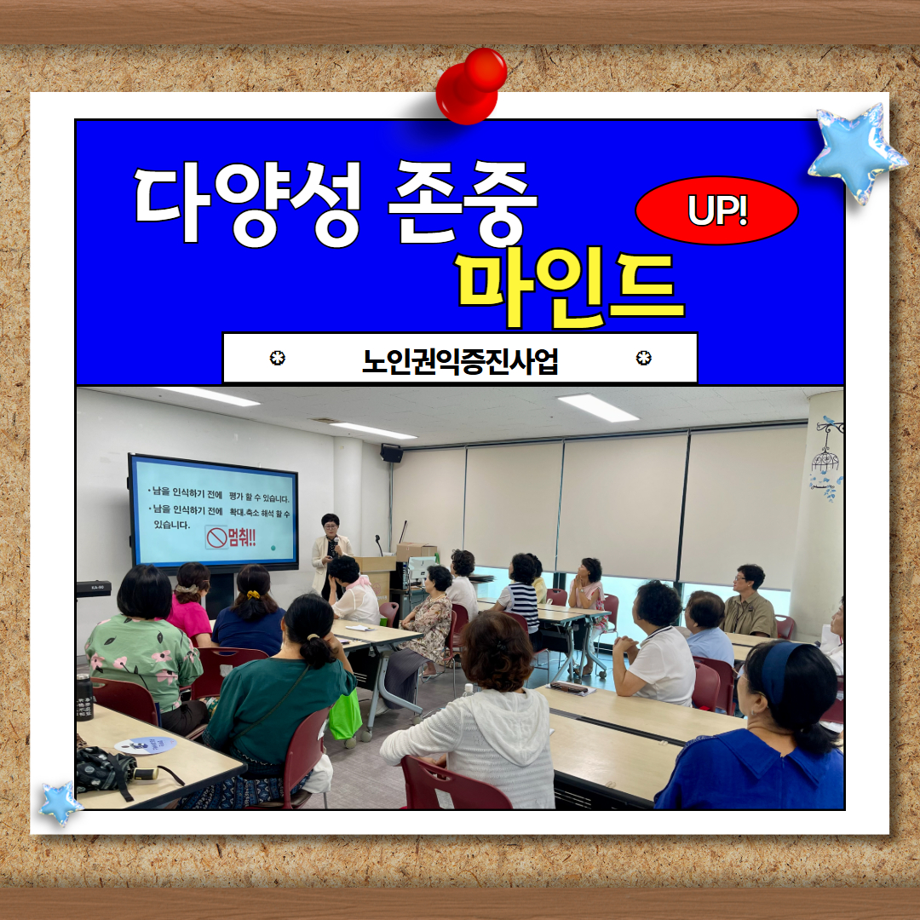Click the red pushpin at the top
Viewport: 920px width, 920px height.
point(470,86)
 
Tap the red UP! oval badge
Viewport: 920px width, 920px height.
point(716,210)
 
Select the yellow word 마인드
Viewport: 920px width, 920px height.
point(570,288)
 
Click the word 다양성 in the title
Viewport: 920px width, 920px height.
point(247,203)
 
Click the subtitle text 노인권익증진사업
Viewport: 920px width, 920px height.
point(460,360)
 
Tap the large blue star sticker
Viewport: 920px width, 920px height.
point(856,152)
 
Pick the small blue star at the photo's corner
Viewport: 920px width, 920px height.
point(60,802)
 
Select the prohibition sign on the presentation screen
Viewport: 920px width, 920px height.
point(216,538)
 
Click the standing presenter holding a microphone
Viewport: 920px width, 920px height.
point(330,555)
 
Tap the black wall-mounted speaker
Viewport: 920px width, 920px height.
point(391,453)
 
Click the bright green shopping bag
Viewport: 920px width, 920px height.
point(345,716)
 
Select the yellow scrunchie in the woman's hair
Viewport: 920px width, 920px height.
point(252,595)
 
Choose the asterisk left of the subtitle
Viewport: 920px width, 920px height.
point(278,357)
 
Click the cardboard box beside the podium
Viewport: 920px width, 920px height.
point(417,551)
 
